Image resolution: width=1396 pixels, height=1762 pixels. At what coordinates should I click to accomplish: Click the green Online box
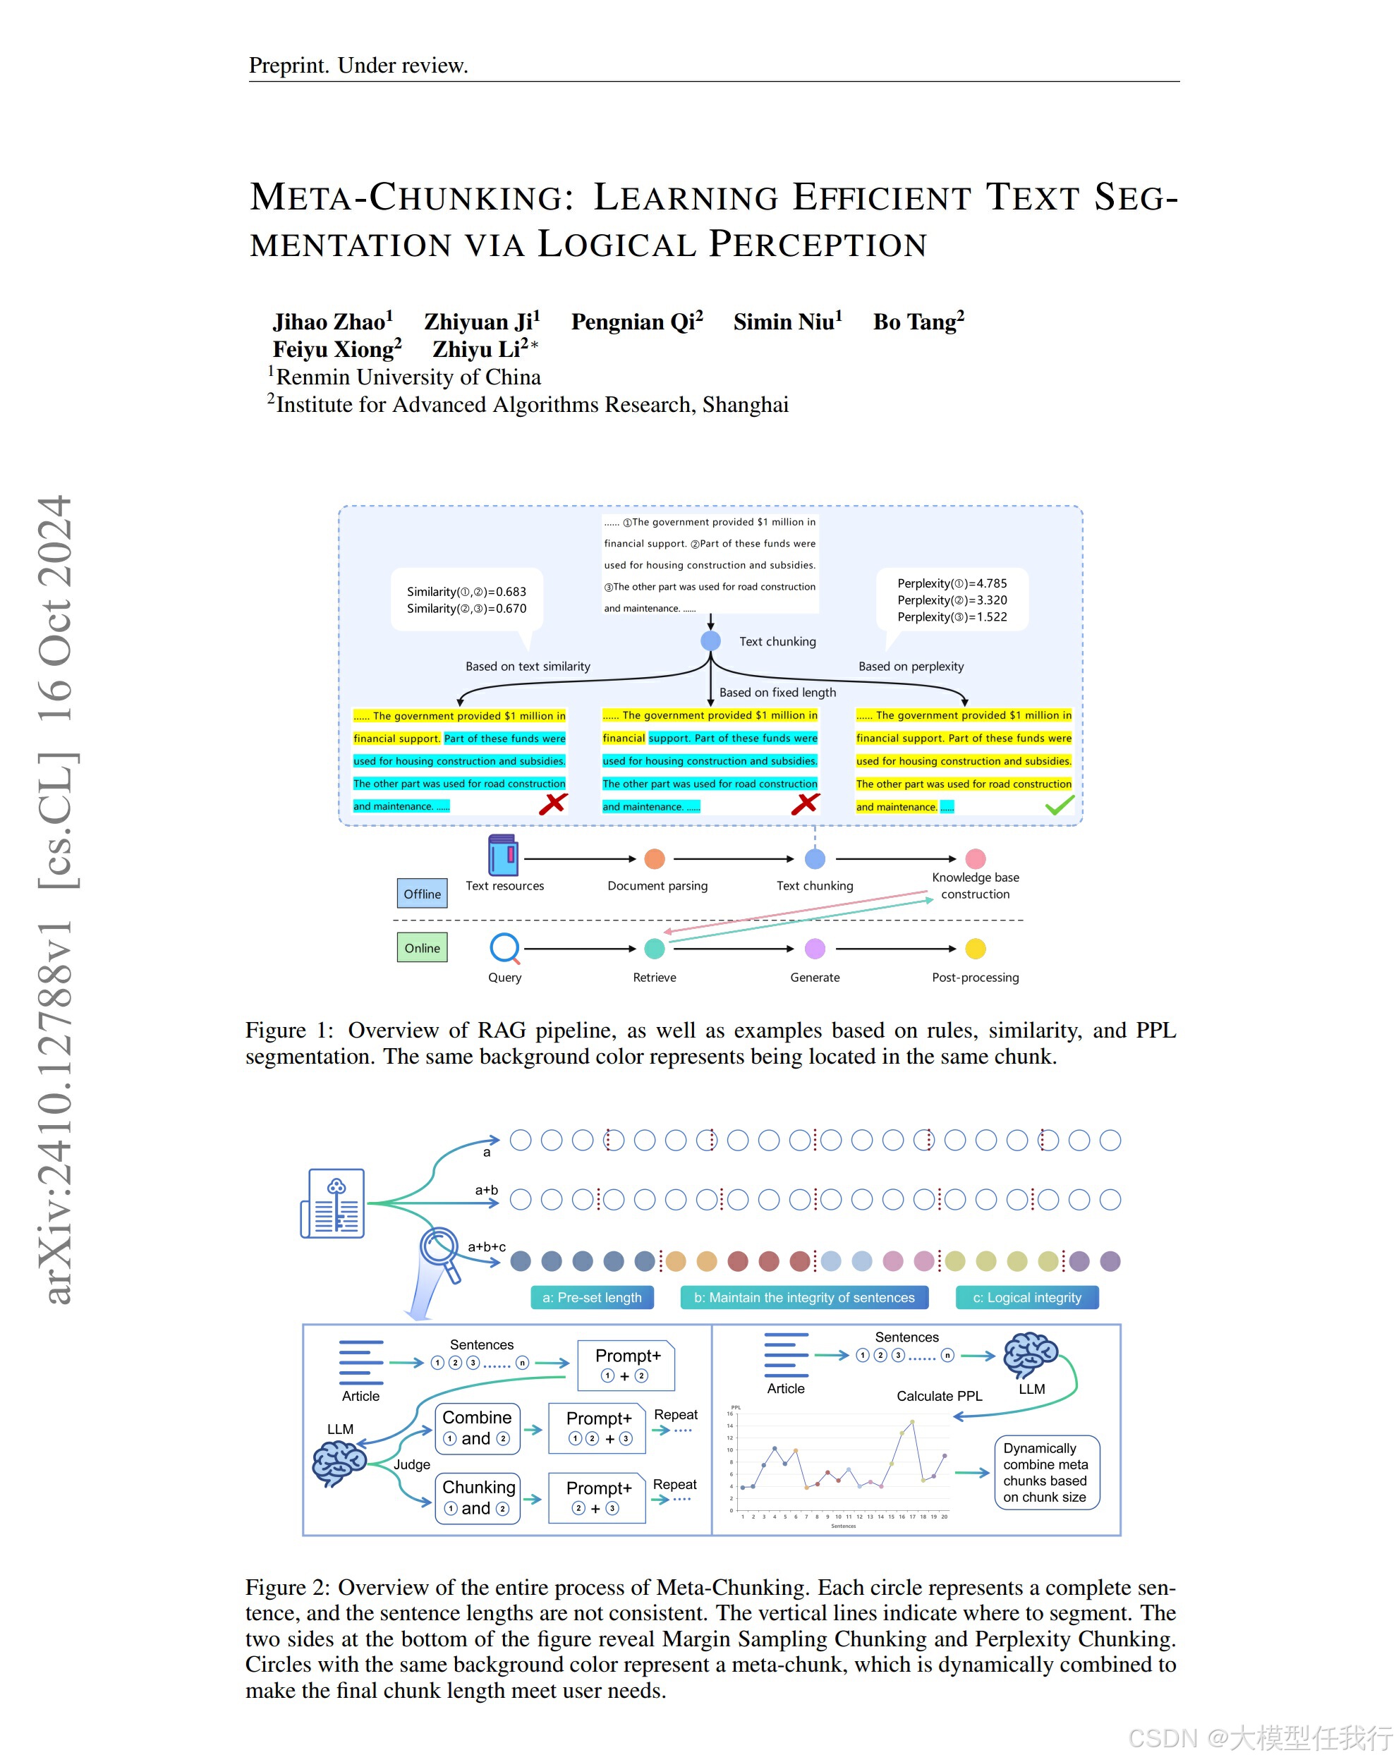422,948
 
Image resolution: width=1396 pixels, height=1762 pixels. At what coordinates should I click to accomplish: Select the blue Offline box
422,893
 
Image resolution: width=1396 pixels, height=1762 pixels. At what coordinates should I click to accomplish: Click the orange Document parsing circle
654,859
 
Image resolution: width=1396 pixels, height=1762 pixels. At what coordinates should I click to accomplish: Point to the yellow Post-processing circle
975,949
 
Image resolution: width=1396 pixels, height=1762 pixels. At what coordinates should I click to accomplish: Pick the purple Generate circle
815,949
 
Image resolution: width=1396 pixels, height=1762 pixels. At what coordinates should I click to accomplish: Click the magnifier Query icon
504,948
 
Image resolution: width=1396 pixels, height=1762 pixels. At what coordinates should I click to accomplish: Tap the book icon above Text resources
503,855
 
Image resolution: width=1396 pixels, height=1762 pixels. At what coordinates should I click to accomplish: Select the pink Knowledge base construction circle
975,859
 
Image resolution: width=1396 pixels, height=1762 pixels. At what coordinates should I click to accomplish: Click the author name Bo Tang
917,322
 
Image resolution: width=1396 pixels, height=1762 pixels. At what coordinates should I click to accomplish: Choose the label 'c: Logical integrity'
1026,1298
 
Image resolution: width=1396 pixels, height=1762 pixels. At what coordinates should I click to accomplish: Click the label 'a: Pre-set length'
592,1298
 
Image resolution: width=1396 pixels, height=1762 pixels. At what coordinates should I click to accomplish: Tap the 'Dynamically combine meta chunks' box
1045,1472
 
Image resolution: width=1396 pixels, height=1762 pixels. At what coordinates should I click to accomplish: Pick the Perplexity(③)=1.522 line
952,617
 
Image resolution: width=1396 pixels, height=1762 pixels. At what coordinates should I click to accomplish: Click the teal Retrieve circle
654,949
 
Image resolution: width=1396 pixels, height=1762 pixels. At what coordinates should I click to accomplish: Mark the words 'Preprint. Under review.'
358,66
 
